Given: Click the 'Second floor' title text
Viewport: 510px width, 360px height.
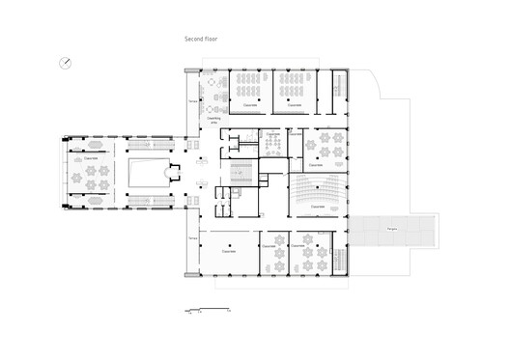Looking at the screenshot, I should [x=203, y=40].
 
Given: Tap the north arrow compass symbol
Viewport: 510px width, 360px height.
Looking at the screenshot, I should [x=65, y=64].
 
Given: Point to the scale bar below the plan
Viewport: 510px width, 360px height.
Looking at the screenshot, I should [x=207, y=309].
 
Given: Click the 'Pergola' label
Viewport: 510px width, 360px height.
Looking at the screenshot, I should [x=393, y=229].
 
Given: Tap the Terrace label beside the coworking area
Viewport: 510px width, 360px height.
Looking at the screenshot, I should [x=193, y=100].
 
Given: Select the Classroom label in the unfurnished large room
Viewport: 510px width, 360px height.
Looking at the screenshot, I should [x=228, y=249].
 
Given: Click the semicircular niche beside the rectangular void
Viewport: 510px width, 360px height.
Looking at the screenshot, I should [x=174, y=176].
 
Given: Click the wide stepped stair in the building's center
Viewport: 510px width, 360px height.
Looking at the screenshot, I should [x=240, y=174].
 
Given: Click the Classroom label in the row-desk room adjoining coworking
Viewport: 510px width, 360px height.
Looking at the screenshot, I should [x=249, y=104].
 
